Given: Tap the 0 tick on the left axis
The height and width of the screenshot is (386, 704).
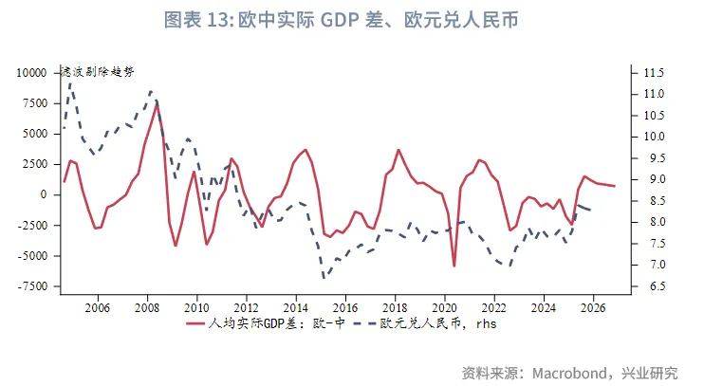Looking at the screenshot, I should (42, 194).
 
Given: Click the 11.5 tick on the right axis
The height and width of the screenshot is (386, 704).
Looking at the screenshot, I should (654, 73).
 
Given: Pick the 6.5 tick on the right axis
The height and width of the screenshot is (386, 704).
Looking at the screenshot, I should (654, 285).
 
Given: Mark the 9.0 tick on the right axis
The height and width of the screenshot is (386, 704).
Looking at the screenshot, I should (654, 179).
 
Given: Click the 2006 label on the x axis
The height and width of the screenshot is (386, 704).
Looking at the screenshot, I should (98, 307).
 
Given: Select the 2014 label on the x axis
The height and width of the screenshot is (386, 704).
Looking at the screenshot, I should (296, 307).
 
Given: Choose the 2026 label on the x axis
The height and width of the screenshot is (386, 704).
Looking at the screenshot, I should (593, 307).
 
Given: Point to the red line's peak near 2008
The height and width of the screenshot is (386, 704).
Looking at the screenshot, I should (157, 104).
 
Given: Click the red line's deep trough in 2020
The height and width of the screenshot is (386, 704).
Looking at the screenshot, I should (454, 266).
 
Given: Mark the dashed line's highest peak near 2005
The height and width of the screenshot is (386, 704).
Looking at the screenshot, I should (70, 83).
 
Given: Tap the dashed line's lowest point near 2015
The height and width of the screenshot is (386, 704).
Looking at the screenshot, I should (324, 277).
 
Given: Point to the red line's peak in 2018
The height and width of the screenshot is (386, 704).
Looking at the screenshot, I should (398, 150).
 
